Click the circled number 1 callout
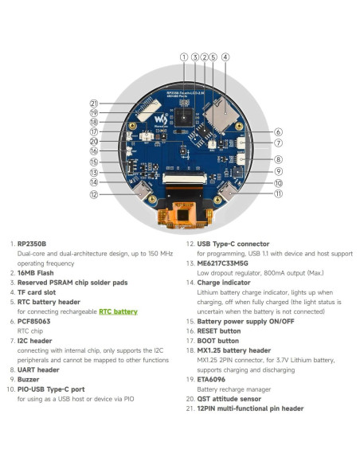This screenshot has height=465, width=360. [x=184, y=57]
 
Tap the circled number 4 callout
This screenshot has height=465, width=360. [x=225, y=57]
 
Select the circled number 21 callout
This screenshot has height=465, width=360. [x=93, y=103]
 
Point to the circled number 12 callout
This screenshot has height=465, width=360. [x=93, y=194]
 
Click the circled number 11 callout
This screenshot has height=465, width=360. [x=278, y=193]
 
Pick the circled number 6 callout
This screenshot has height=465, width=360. [x=278, y=132]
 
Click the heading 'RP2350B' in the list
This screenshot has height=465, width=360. [x=32, y=244]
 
